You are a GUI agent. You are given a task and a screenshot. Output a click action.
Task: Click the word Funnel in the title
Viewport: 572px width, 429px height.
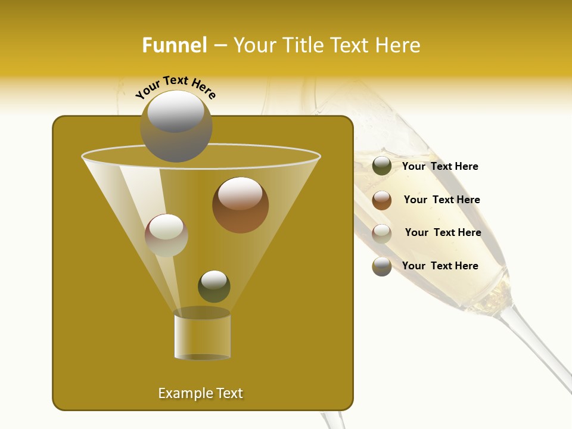click(175, 45)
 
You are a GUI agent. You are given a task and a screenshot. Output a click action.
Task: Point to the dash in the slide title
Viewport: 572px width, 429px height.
click(220, 46)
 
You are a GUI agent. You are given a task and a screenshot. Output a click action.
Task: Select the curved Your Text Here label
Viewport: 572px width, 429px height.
click(176, 87)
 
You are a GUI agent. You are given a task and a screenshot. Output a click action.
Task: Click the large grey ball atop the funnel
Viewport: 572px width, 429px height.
click(176, 126)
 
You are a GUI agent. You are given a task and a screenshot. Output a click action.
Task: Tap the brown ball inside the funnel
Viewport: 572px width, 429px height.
click(240, 204)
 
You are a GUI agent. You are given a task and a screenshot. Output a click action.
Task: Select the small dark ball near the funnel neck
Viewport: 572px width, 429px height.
click(214, 286)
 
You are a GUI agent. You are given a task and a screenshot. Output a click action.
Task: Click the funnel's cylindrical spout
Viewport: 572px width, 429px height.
click(202, 335)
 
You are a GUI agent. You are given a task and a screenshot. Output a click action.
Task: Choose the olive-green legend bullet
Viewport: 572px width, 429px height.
click(382, 166)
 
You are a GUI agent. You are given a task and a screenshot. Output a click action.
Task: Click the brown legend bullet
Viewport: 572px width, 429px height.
click(382, 200)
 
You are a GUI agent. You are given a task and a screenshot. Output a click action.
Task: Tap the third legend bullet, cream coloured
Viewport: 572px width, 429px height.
click(382, 233)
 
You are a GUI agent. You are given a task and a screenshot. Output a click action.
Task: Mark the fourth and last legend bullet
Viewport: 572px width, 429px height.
click(382, 266)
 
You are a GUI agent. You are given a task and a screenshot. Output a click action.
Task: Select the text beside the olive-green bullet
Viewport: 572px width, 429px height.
click(440, 167)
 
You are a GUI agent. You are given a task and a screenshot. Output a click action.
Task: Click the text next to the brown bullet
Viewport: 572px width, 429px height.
click(442, 200)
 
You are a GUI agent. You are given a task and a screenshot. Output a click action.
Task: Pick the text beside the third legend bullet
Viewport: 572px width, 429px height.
click(443, 233)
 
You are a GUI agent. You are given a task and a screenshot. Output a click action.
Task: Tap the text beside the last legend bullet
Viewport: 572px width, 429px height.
click(440, 266)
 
